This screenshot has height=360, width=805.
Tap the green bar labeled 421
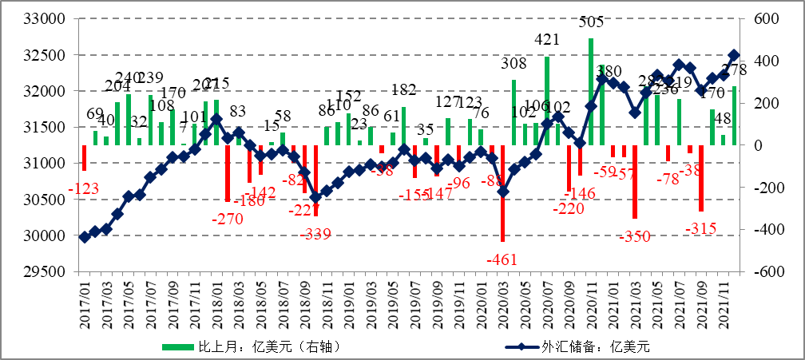[x=547, y=101]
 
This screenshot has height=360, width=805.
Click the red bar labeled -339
[x=315, y=180]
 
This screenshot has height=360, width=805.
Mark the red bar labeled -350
[x=635, y=182]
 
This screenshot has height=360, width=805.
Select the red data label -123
[x=84, y=189]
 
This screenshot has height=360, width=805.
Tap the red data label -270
[x=227, y=218]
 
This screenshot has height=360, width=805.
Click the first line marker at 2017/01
[x=84, y=237]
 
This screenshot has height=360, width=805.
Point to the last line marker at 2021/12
[x=734, y=56]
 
